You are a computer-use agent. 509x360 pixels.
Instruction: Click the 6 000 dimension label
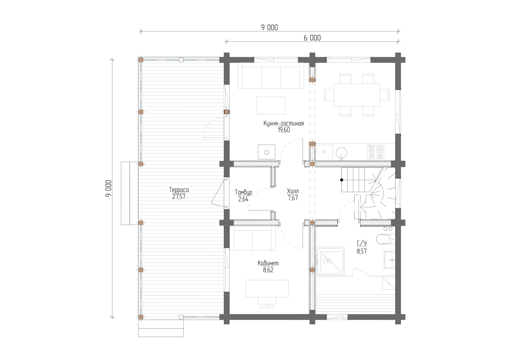312,38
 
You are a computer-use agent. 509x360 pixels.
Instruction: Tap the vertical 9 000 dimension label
109,188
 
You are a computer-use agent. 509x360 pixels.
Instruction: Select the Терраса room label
179,190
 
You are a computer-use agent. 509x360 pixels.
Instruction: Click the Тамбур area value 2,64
243,199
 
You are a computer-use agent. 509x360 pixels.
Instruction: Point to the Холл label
293,191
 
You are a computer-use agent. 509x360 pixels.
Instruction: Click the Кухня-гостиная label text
284,123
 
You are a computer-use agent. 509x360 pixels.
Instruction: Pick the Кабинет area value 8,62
268,270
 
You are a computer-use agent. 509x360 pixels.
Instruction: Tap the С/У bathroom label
361,243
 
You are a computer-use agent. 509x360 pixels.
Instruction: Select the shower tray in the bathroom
330,262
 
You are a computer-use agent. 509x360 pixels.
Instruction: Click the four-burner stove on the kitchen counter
376,152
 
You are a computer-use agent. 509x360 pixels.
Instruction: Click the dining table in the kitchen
357,95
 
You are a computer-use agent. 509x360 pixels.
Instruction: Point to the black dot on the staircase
341,180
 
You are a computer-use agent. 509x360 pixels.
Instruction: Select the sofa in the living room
271,75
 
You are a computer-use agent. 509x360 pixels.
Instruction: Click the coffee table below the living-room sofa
271,106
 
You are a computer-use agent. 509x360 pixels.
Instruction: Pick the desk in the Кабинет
267,289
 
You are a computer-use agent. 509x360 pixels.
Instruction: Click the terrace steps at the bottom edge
161,329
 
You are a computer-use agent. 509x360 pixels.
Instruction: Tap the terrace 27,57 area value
179,196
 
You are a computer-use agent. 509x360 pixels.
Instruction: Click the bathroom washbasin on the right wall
389,260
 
